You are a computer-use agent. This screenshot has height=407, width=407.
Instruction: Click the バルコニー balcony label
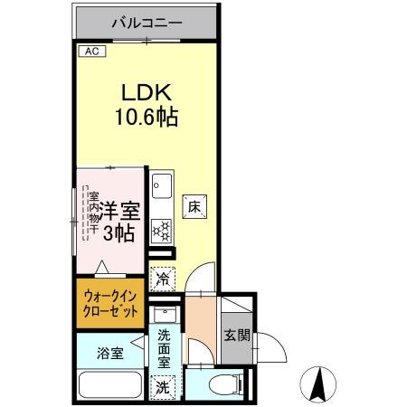tap(147, 22)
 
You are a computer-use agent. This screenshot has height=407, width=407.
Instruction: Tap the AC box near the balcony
tap(91, 52)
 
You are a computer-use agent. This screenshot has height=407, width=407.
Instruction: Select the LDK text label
tap(145, 93)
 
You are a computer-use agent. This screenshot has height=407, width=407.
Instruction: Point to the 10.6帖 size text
tap(146, 117)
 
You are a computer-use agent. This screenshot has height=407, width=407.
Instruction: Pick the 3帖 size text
tap(118, 233)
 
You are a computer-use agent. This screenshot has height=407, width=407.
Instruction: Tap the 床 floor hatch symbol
tap(194, 205)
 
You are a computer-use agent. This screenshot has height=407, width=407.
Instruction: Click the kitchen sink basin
tap(162, 188)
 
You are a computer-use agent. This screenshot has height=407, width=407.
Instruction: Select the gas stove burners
tap(162, 231)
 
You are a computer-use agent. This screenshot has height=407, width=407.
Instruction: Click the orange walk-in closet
tap(111, 303)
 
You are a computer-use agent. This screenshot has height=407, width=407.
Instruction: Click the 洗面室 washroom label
tap(164, 348)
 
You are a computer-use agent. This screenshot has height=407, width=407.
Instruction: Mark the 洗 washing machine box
tap(163, 387)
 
